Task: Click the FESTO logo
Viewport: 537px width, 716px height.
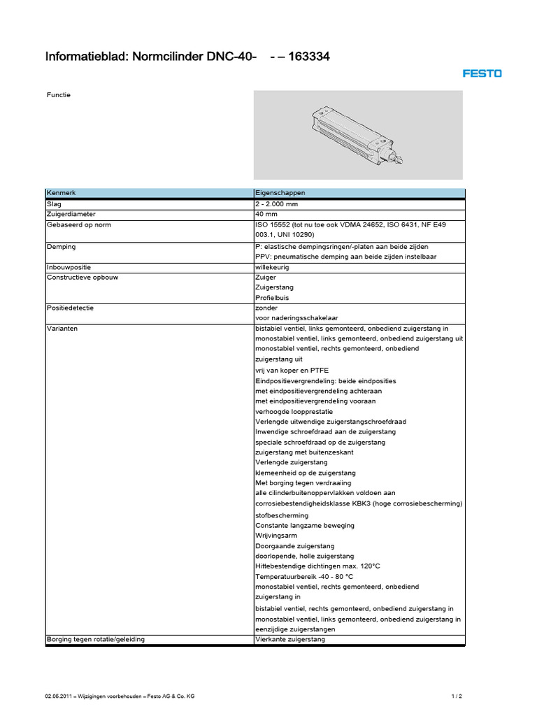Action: click(x=481, y=73)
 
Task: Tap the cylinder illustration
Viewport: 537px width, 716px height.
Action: click(x=356, y=135)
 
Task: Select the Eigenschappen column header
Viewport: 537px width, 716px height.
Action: click(x=280, y=193)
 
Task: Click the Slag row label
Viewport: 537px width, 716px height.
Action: click(x=54, y=203)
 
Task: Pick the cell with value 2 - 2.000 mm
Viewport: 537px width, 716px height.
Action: click(x=277, y=203)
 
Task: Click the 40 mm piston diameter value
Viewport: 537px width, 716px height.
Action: click(x=266, y=214)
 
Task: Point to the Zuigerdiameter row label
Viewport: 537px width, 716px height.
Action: click(x=71, y=214)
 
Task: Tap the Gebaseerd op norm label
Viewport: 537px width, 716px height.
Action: click(x=78, y=224)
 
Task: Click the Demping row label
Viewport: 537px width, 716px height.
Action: click(x=61, y=246)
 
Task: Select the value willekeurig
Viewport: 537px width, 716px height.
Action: click(x=272, y=267)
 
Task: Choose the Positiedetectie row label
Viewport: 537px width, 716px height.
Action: click(x=70, y=307)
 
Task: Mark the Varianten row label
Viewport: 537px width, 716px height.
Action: click(x=62, y=328)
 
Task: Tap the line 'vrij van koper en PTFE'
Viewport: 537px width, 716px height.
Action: click(x=292, y=370)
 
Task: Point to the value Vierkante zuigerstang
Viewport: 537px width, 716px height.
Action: click(x=290, y=639)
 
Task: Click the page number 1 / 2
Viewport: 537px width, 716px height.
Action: click(x=457, y=696)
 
